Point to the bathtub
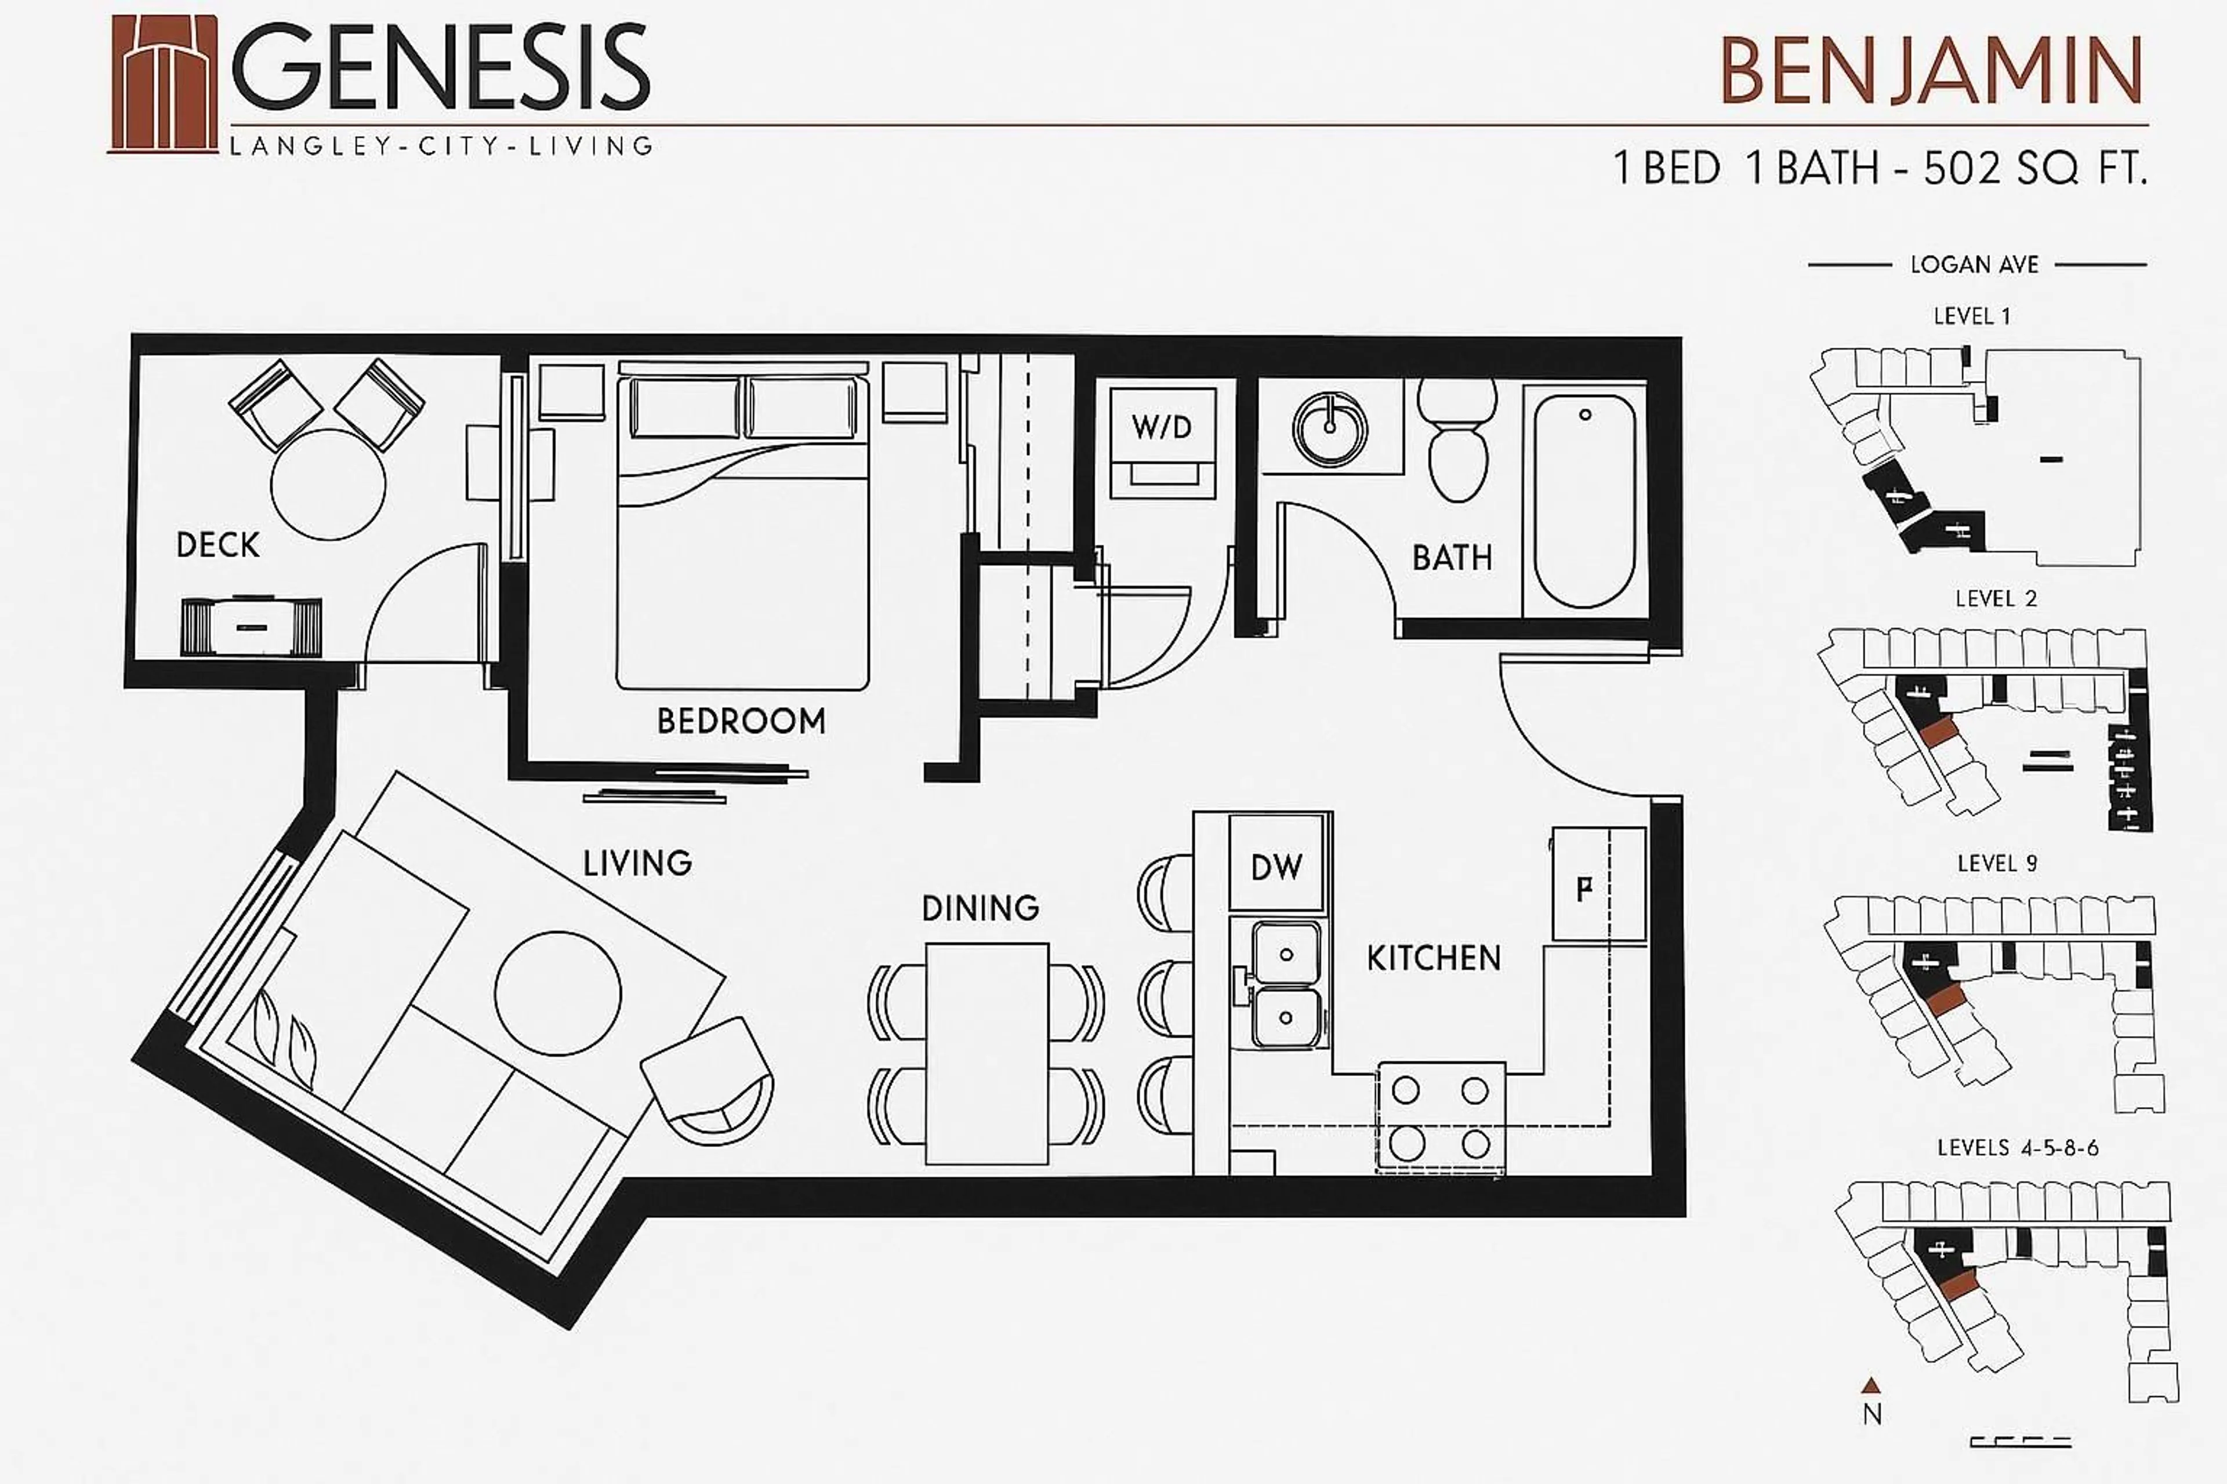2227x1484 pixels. pos(1584,501)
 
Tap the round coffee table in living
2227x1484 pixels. pos(558,993)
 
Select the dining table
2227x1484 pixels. pos(986,1053)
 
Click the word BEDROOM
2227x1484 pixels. pos(741,721)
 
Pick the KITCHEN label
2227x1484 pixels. pos(1434,958)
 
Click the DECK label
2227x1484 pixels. pos(218,544)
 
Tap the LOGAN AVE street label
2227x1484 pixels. pos(1974,265)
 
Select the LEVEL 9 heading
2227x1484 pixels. pos(1997,863)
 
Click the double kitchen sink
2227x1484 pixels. pos(1285,985)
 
